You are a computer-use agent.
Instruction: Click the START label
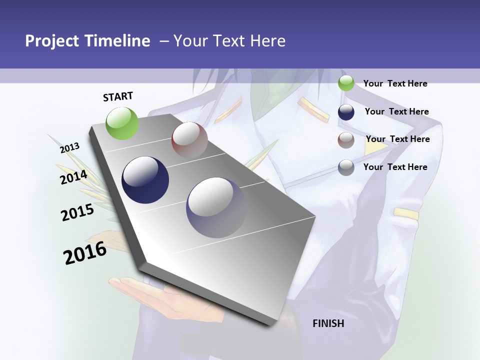(x=118, y=96)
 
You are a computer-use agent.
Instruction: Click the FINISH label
(x=328, y=323)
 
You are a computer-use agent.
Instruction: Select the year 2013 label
(x=69, y=148)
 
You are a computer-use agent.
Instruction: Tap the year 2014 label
(x=73, y=177)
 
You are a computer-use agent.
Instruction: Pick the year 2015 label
(x=77, y=212)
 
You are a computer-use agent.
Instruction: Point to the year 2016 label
(x=85, y=253)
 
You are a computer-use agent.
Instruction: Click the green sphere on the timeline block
(x=122, y=123)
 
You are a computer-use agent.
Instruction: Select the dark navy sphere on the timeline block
(x=145, y=180)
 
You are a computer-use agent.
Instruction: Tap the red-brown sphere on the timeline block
(x=189, y=139)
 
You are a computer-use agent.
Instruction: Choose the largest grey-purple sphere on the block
(x=216, y=207)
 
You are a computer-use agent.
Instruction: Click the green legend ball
(x=346, y=83)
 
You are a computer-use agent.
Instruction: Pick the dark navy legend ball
(x=346, y=112)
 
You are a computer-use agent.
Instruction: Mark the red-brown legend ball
(x=346, y=140)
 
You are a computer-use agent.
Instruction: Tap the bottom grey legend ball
(x=346, y=167)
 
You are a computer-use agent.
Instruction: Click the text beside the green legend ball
(x=395, y=83)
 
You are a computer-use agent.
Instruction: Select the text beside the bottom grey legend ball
(x=395, y=167)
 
